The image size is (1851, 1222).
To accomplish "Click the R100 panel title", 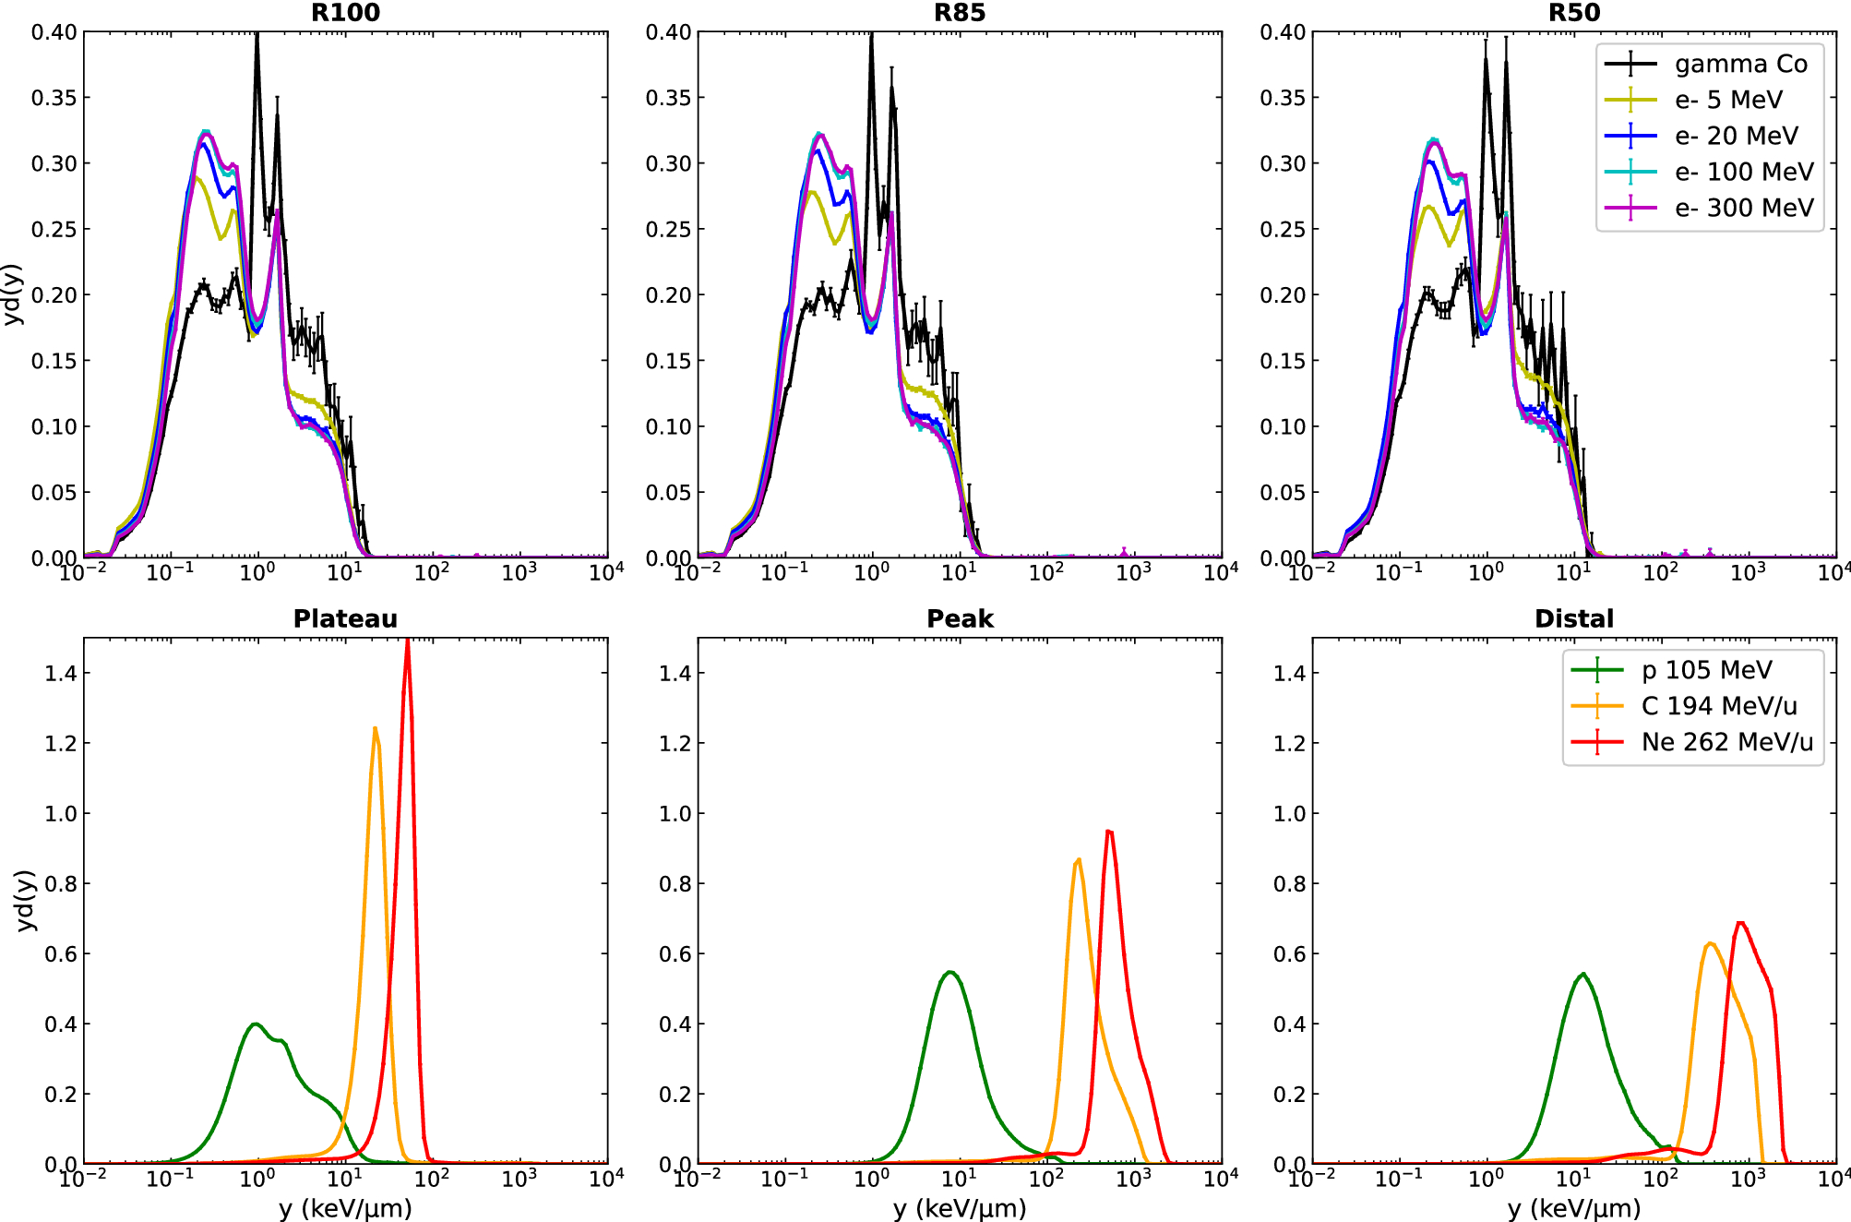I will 345,13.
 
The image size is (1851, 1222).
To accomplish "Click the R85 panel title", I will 960,13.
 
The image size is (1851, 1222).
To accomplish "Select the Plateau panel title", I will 345,618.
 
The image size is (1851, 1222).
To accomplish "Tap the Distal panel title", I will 1574,618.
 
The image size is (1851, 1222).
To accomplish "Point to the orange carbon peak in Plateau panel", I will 375,728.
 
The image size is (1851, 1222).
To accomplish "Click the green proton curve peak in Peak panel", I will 949,972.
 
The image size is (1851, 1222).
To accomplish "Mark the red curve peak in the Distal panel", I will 1740,922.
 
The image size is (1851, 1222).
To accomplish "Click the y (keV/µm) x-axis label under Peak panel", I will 960,1208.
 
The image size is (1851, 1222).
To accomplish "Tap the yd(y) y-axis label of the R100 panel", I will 13,294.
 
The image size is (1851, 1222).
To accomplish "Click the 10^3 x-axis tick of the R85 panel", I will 1133,573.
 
